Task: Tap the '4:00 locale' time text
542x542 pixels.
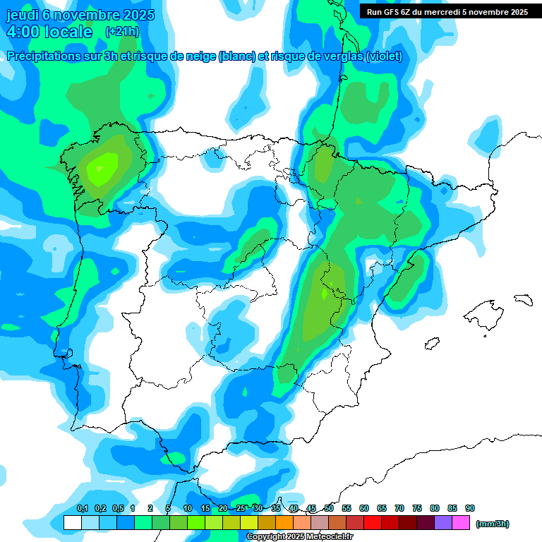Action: tap(49, 32)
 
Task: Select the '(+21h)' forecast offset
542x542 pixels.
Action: tap(122, 32)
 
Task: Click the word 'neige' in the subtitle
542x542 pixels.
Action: tap(200, 56)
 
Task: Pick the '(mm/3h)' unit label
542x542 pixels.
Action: tap(493, 524)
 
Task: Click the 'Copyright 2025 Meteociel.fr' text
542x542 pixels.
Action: tap(299, 537)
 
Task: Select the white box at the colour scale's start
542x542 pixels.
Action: tap(72, 523)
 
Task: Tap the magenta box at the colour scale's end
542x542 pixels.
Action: tap(461, 523)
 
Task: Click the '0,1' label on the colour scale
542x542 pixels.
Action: tap(83, 509)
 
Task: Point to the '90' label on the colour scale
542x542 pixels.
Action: tap(470, 509)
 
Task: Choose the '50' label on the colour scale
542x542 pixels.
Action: tap(329, 509)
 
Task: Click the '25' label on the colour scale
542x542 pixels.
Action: tap(241, 509)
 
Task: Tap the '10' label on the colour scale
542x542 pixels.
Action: tap(188, 509)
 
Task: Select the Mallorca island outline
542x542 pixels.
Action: tap(488, 312)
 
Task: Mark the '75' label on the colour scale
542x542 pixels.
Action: tap(417, 509)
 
